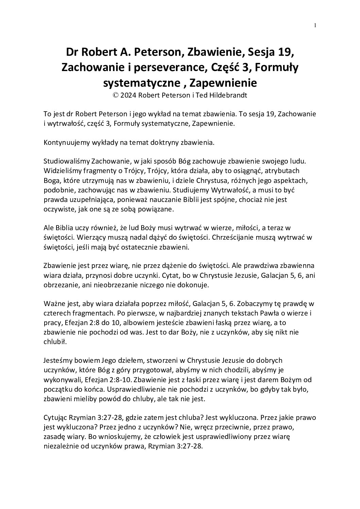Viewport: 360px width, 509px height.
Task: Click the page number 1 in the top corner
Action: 315,25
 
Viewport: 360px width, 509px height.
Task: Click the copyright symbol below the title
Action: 116,96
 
